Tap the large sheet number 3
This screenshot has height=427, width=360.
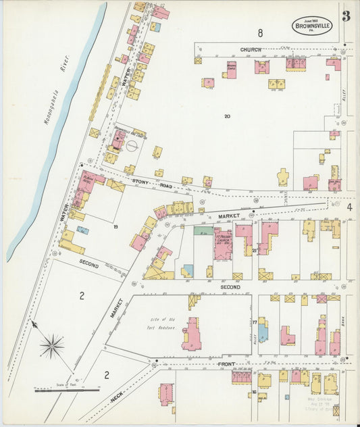(x=346, y=16)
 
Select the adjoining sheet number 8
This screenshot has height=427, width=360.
(x=259, y=32)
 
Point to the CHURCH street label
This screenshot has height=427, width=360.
(x=250, y=50)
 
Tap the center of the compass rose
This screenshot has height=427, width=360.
(x=51, y=347)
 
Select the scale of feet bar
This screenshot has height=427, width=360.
(x=67, y=390)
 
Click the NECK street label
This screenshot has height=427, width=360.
(x=117, y=399)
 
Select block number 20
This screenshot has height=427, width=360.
(x=227, y=116)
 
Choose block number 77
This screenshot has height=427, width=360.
(x=254, y=323)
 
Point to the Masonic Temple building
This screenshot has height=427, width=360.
(x=231, y=70)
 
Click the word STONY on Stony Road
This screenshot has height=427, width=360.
(x=140, y=181)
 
